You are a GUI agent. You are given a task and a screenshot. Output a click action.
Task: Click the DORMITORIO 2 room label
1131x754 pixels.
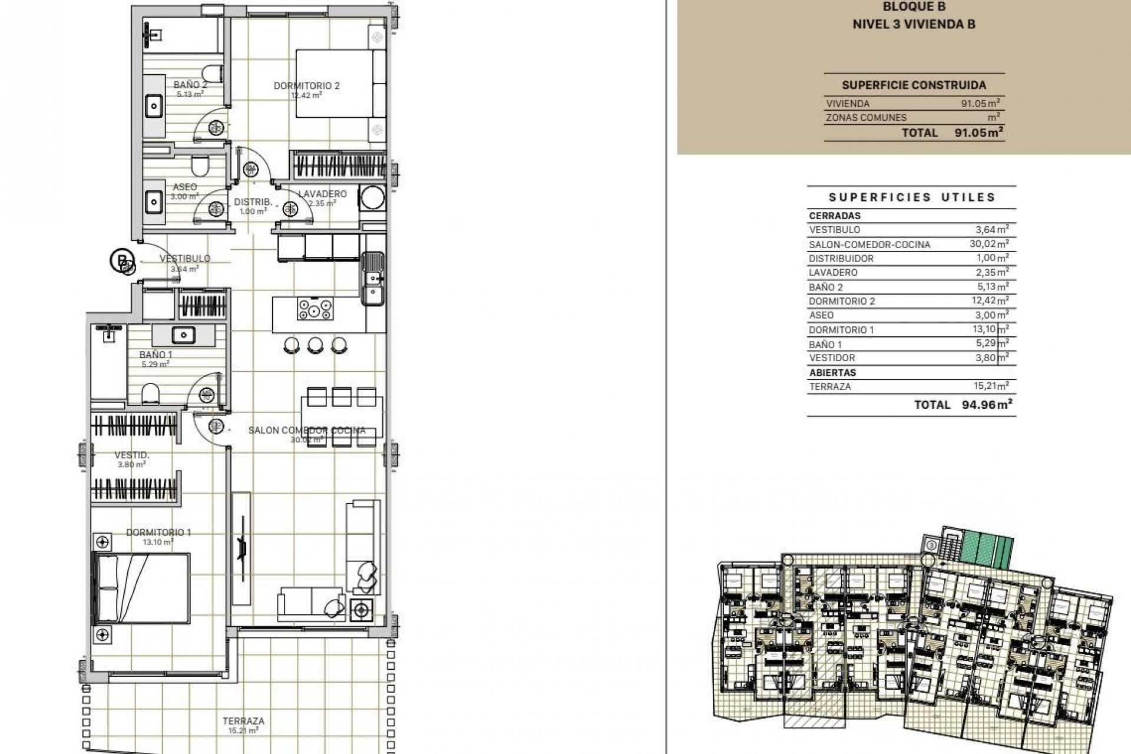click(306, 86)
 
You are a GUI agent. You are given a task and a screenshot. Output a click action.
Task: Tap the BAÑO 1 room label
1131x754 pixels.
click(156, 355)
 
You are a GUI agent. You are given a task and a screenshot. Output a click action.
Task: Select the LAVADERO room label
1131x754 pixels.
click(322, 194)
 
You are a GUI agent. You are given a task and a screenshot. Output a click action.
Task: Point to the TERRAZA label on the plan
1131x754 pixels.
click(243, 720)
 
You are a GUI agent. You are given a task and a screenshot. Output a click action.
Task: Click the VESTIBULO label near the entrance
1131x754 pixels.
click(185, 259)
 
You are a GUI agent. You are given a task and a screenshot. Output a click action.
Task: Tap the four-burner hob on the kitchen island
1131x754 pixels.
click(315, 309)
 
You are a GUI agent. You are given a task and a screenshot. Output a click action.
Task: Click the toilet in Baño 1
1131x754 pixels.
click(151, 393)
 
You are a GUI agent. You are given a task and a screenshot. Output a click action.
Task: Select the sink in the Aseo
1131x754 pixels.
click(154, 202)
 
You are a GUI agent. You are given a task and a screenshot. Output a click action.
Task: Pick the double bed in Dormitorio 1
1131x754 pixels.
click(142, 588)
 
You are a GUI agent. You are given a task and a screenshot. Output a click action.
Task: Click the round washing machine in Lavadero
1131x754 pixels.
click(372, 197)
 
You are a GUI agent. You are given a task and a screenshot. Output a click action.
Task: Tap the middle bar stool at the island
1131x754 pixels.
click(315, 345)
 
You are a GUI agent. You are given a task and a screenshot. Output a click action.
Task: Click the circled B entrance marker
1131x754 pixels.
click(121, 260)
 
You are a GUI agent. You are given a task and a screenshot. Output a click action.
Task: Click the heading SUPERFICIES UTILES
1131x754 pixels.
click(912, 197)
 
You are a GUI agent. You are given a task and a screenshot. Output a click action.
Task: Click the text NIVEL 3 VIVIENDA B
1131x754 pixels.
click(914, 24)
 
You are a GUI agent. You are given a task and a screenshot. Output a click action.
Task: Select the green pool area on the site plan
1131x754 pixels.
click(981, 548)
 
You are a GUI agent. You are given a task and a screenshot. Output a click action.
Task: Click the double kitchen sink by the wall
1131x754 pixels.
click(372, 279)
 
